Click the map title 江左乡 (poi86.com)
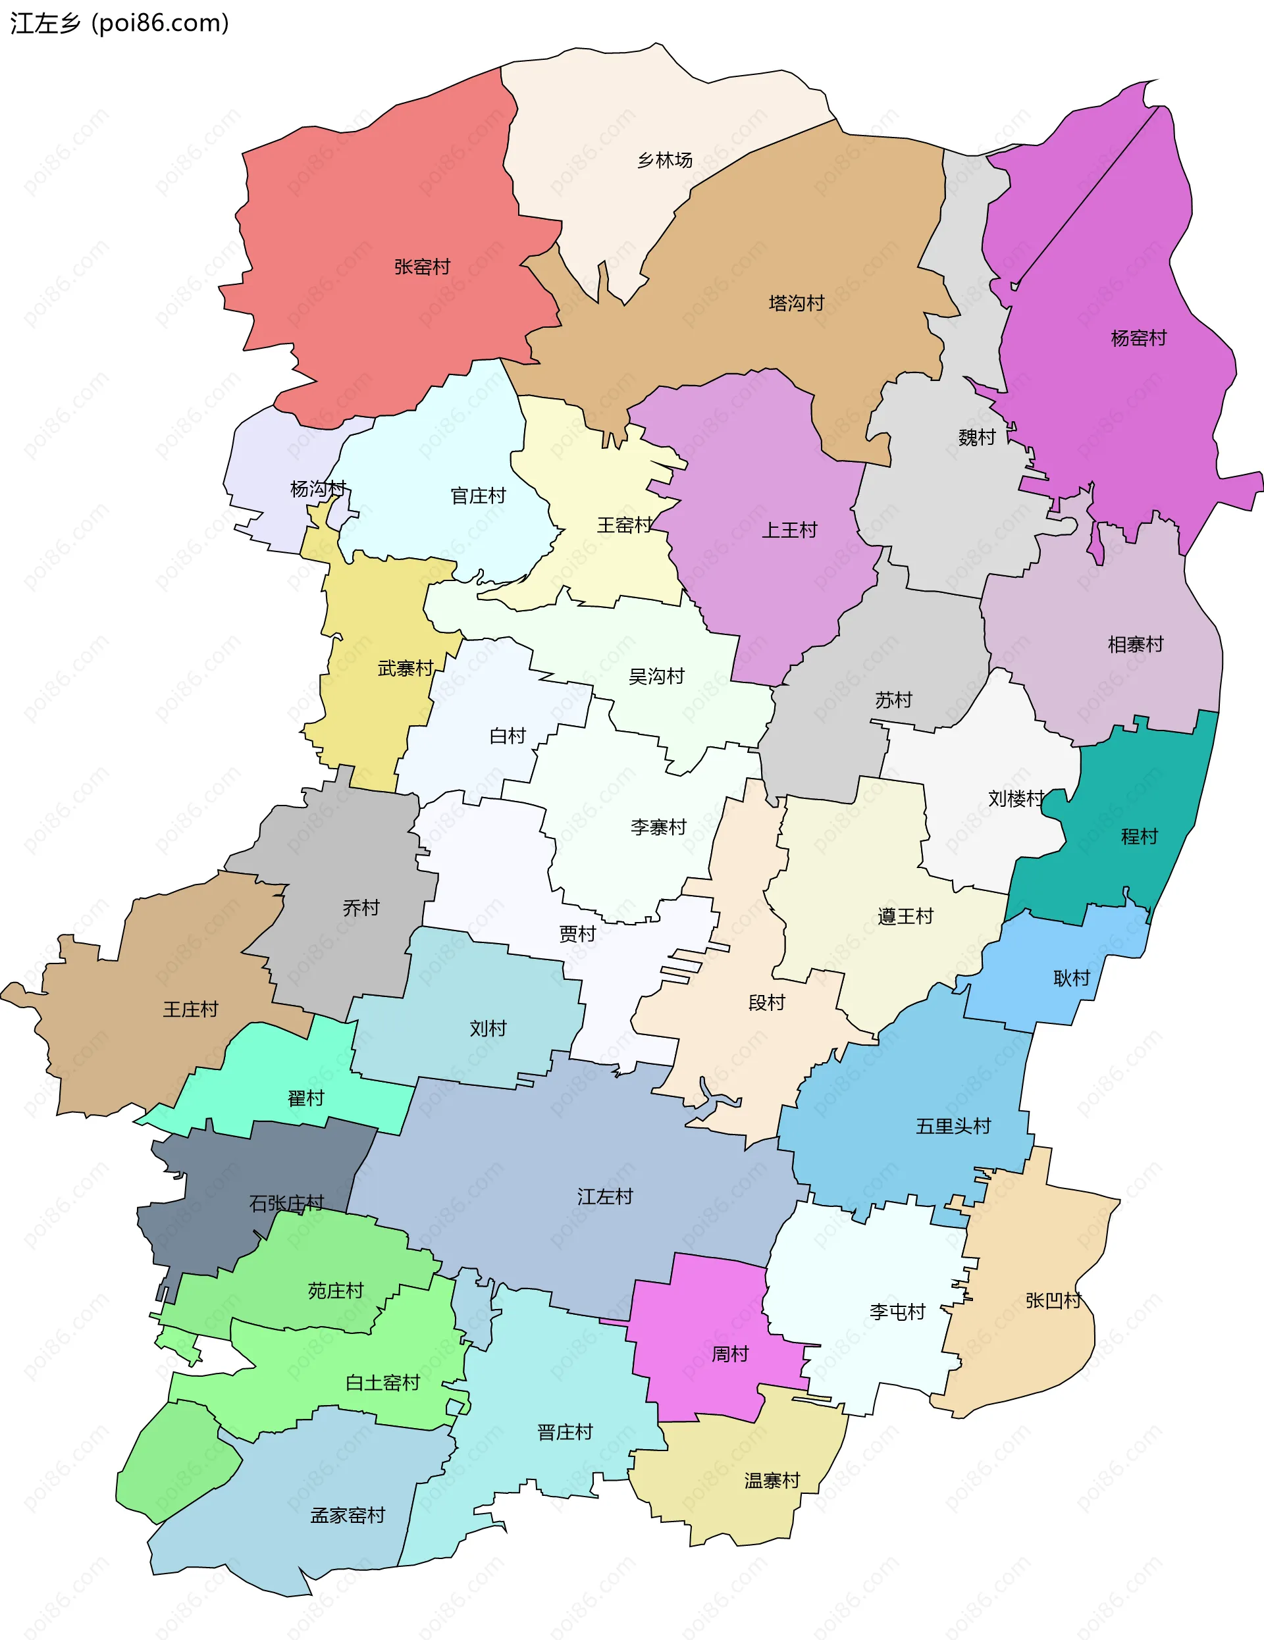119,23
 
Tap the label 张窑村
422,267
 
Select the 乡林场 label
665,161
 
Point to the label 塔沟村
797,303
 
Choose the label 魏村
977,438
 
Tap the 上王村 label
789,531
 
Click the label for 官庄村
479,496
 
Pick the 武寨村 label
406,669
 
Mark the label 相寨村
1136,645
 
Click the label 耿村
1072,979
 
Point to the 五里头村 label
953,1127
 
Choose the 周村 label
730,1354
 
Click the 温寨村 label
772,1481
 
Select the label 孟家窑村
348,1516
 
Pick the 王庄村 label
191,1010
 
